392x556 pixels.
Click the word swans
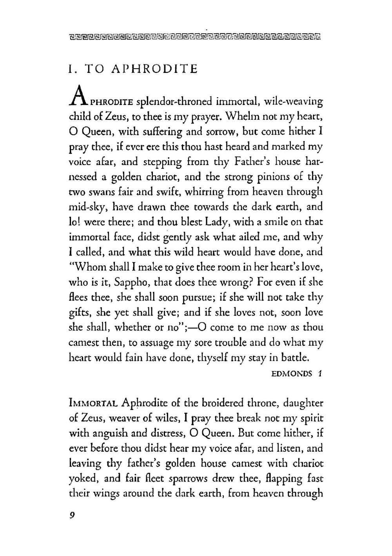point(102,192)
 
